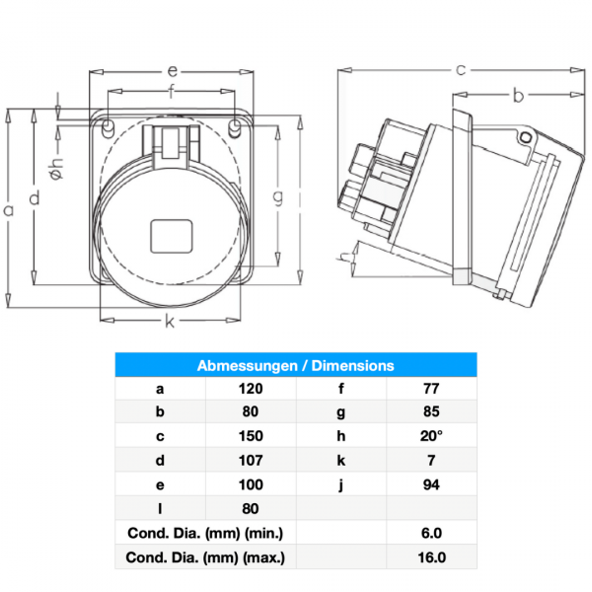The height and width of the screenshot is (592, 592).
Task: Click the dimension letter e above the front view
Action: point(171,71)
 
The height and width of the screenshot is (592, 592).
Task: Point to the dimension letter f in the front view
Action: point(171,94)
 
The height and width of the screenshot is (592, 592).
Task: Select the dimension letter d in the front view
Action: point(35,198)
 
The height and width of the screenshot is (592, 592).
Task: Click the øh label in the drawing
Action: point(56,171)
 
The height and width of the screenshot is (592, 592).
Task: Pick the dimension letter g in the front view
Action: point(279,198)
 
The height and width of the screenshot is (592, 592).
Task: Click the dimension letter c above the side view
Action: point(460,69)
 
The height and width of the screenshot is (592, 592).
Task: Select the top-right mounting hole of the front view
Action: point(234,128)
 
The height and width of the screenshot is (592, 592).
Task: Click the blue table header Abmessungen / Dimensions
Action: point(295,365)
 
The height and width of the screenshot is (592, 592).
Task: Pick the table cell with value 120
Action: point(250,389)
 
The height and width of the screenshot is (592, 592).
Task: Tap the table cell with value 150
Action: point(250,436)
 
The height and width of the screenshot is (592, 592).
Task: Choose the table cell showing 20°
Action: point(430,436)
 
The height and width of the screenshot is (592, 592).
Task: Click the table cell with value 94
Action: point(430,484)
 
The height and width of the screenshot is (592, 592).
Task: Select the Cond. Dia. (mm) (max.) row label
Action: point(206,557)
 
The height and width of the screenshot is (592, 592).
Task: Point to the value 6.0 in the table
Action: point(430,533)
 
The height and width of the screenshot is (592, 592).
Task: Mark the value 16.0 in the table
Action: point(430,557)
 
